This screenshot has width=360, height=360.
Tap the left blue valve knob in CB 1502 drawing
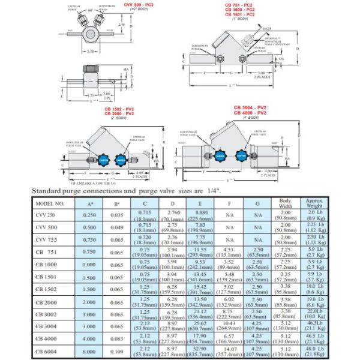pyautogui.click(x=101, y=161)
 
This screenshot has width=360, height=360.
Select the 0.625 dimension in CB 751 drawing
pyautogui.click(x=266, y=28)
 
